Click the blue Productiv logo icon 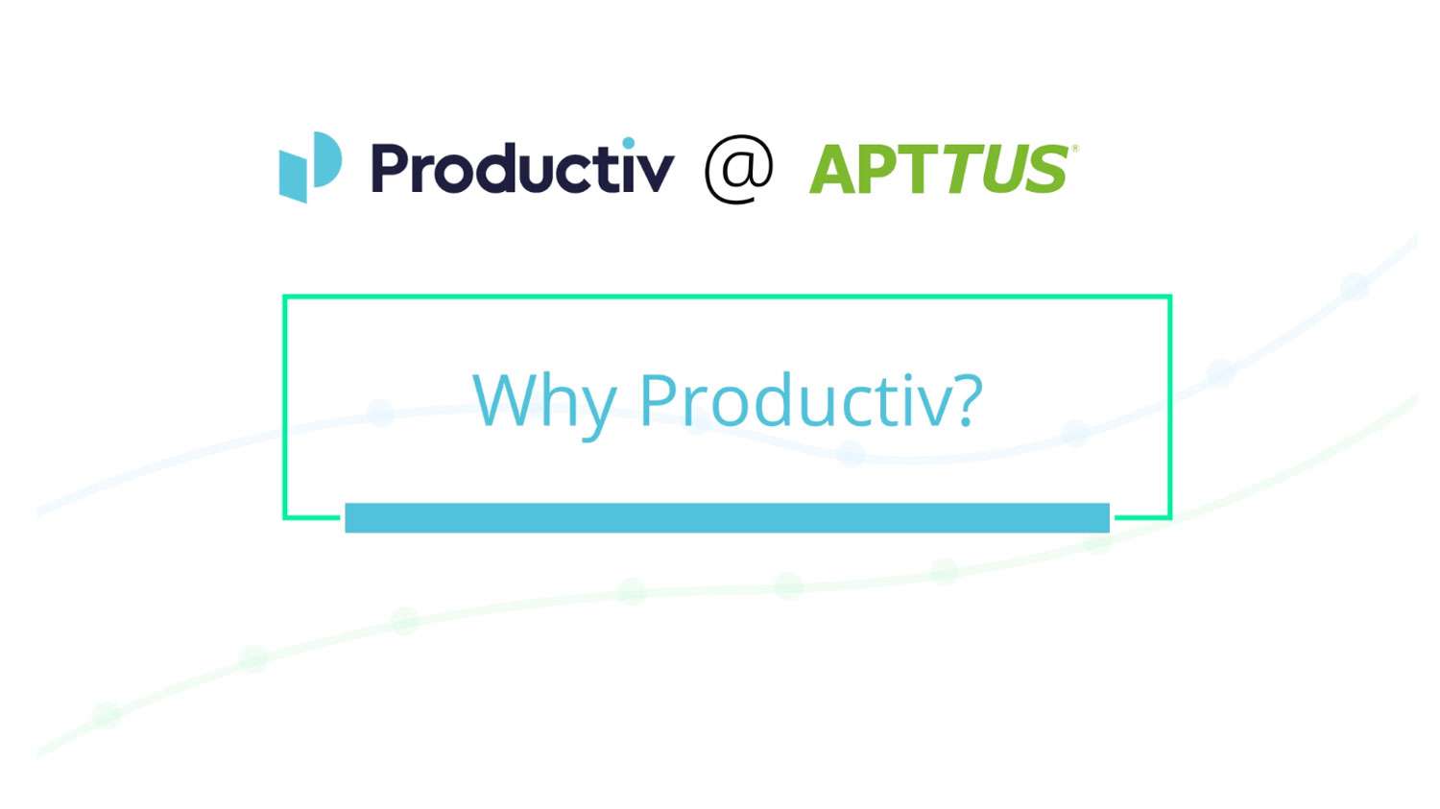310,167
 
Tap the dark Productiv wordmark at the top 522,168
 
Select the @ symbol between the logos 738,168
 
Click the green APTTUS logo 939,170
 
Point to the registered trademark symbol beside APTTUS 1074,148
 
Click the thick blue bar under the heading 727,517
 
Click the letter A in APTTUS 835,170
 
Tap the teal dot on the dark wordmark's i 628,144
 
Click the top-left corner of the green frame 285,297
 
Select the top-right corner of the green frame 1169,297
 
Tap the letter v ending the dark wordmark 656,173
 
